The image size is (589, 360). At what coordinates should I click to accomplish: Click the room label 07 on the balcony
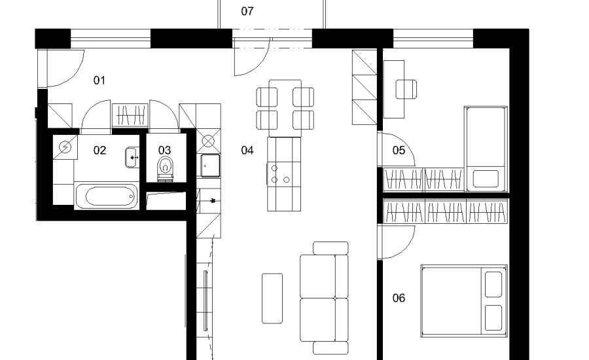click(247, 11)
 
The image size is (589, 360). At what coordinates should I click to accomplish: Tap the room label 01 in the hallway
click(99, 80)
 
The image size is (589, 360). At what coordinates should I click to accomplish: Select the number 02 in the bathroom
click(99, 151)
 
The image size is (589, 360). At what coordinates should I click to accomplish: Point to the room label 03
click(164, 151)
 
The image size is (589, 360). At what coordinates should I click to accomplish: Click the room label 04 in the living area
click(247, 151)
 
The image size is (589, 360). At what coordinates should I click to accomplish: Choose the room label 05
click(399, 151)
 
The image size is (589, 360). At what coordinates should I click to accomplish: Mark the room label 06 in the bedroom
click(399, 298)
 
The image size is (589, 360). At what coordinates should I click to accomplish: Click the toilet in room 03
click(166, 169)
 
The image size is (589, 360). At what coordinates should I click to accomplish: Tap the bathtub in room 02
click(107, 196)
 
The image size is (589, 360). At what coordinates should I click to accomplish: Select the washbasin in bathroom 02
click(132, 158)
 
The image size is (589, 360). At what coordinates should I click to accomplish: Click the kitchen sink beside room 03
click(210, 166)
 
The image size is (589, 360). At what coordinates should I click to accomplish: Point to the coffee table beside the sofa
click(272, 298)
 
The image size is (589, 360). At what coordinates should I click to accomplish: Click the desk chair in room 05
click(406, 90)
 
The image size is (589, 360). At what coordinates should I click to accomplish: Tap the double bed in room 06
click(464, 301)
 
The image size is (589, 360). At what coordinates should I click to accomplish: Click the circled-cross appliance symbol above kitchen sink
click(208, 141)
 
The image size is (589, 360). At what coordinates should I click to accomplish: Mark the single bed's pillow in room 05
click(486, 179)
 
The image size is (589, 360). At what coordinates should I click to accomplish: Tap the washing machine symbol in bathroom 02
click(65, 147)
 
